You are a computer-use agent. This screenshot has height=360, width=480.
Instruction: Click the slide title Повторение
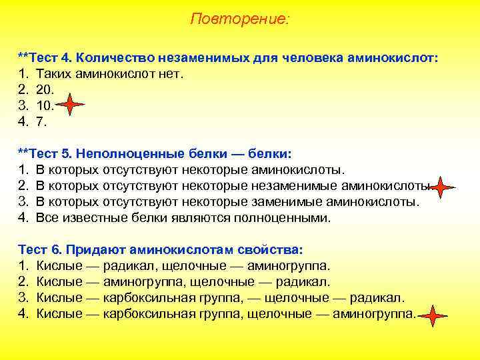pyautogui.click(x=240, y=19)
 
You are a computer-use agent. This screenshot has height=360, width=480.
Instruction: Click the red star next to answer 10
pyautogui.click(x=71, y=105)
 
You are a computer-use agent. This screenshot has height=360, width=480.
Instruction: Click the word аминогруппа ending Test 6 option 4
pyautogui.click(x=373, y=314)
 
